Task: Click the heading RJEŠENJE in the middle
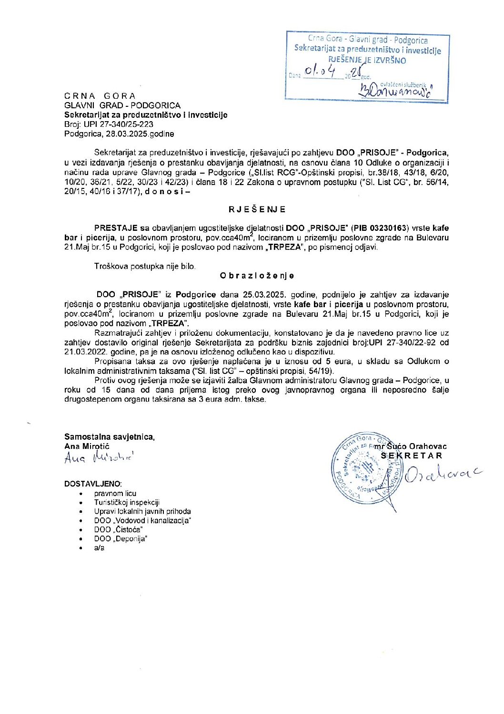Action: [x=257, y=209]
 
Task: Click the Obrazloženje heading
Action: [x=257, y=276]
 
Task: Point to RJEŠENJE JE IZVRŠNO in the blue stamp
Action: [x=367, y=61]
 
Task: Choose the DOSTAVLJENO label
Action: [x=93, y=484]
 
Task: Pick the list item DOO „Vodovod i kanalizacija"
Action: [x=142, y=520]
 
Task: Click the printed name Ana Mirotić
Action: [x=87, y=446]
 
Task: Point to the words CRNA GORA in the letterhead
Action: [x=100, y=96]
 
